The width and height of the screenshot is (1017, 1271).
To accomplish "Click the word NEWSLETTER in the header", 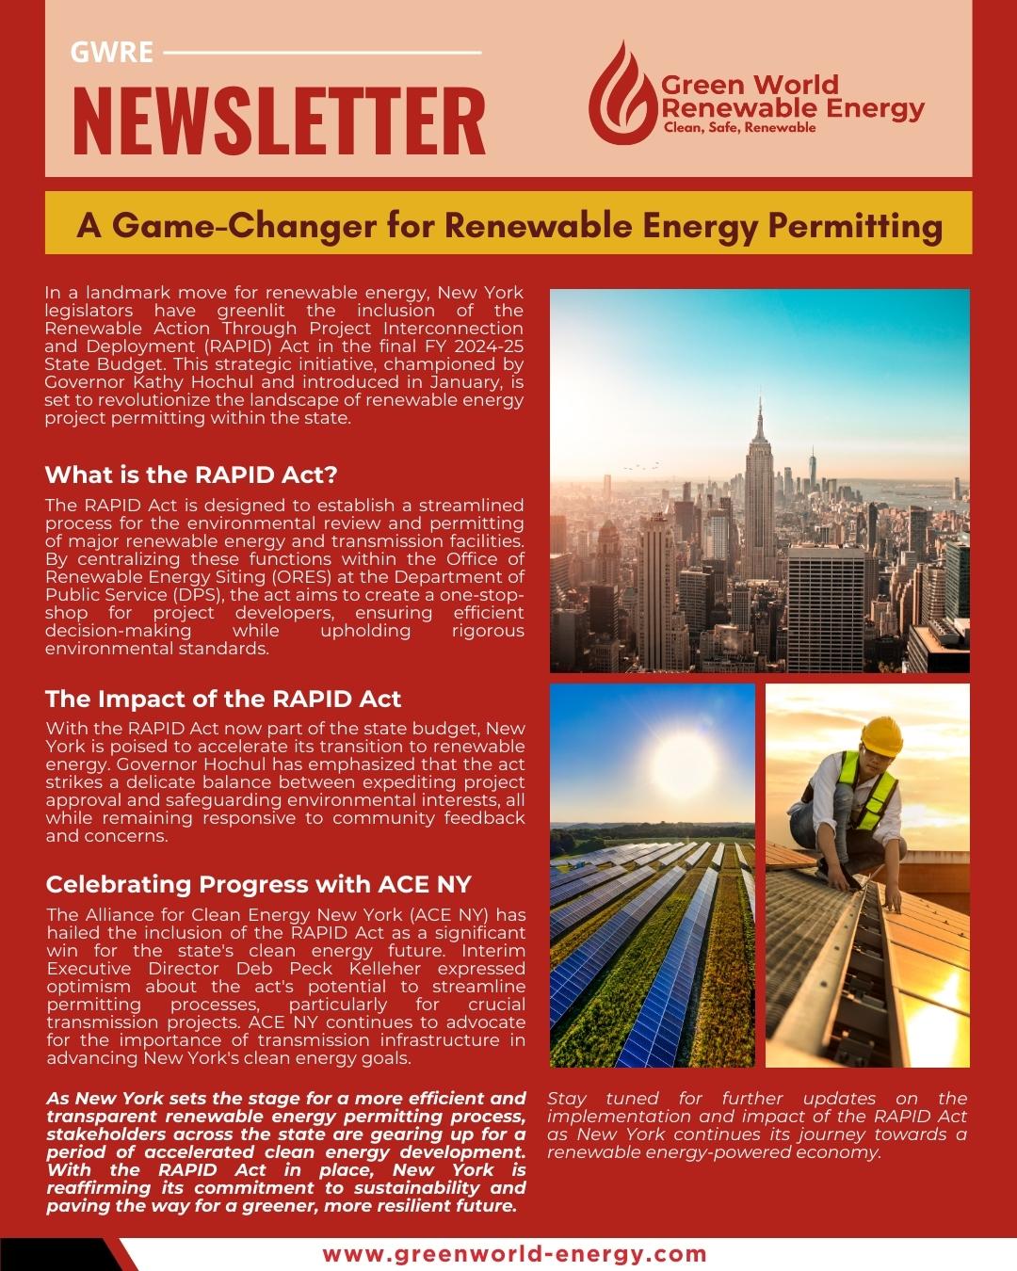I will [x=279, y=121].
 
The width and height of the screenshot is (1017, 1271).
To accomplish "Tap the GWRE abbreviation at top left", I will [x=111, y=52].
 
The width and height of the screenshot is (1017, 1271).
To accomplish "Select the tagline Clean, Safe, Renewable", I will [x=739, y=128].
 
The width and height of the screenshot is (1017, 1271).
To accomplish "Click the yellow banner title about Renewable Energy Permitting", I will [x=508, y=226].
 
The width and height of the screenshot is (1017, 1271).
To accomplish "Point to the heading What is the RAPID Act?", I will [x=191, y=475].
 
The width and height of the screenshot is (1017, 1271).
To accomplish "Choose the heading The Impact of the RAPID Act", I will [x=223, y=699].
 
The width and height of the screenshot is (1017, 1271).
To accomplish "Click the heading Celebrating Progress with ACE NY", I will [x=258, y=884].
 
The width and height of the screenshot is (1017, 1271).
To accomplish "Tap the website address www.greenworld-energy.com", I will [x=514, y=1254].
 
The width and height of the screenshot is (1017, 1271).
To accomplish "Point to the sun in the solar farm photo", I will [x=650, y=753].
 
